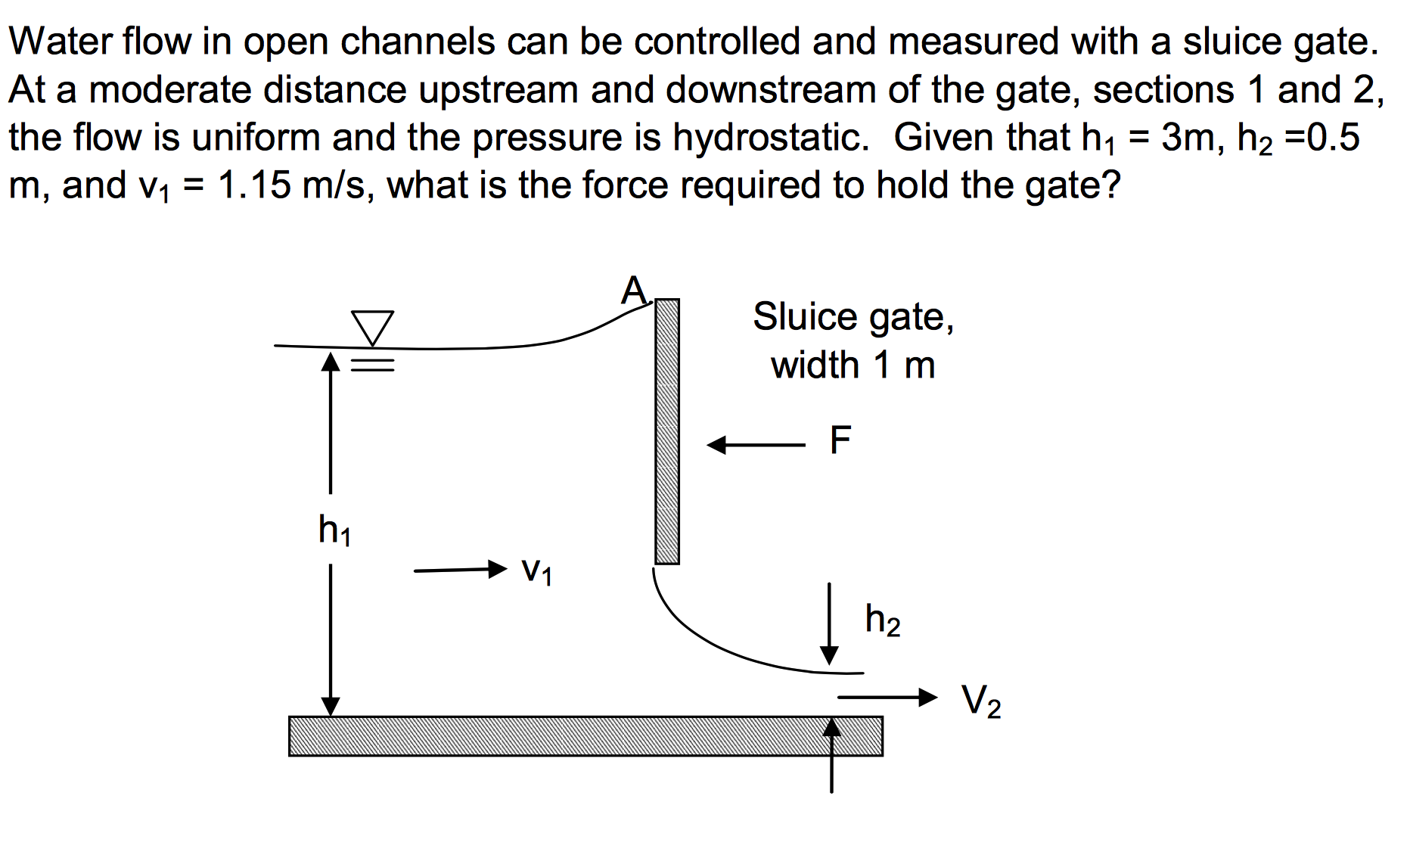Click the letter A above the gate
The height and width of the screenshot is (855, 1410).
(x=634, y=291)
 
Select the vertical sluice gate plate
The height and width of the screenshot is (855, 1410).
(x=666, y=431)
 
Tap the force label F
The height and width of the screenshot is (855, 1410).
(x=840, y=440)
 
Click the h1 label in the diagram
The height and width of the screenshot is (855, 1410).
(x=334, y=529)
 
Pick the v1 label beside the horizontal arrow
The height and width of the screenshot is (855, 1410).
(x=537, y=571)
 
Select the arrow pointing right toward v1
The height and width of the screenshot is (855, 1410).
(x=460, y=569)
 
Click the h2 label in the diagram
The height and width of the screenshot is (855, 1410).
(x=882, y=620)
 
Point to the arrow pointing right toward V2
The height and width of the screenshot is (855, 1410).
(x=887, y=697)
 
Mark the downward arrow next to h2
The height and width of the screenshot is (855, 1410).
(x=829, y=623)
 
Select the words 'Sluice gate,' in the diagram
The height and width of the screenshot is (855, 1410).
(x=853, y=316)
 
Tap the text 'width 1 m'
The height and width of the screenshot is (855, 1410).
(x=853, y=365)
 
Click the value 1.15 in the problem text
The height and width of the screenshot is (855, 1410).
(x=254, y=185)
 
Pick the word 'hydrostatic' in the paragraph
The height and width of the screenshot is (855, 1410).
(x=770, y=138)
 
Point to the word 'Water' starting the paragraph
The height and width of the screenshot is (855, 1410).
(x=61, y=41)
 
